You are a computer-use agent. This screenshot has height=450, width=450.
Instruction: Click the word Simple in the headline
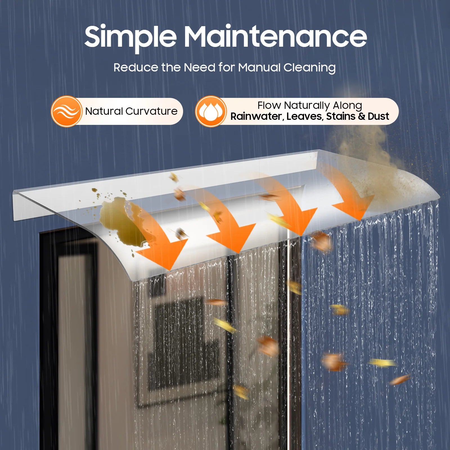[130, 37]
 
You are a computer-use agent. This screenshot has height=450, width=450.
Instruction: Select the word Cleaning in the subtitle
[309, 68]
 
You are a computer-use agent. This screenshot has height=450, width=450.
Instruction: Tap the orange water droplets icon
[211, 111]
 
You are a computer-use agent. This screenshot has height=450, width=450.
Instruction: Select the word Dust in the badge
[378, 116]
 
